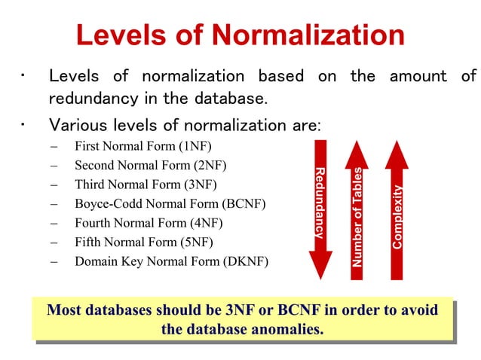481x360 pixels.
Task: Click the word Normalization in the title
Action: point(309,35)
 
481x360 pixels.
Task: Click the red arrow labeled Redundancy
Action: point(320,203)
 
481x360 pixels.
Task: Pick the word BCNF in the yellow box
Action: point(297,310)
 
